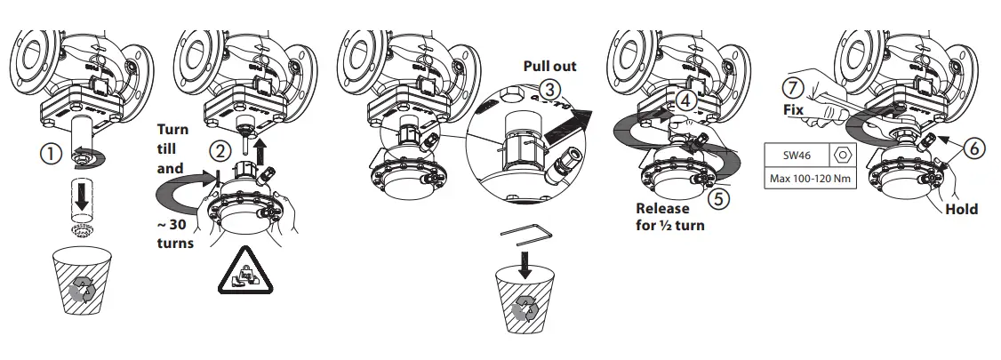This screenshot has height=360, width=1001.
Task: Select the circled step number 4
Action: click(685, 101)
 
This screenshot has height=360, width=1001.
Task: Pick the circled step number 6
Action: click(975, 149)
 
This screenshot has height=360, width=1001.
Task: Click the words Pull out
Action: click(549, 66)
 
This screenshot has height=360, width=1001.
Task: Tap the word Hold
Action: click(961, 210)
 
